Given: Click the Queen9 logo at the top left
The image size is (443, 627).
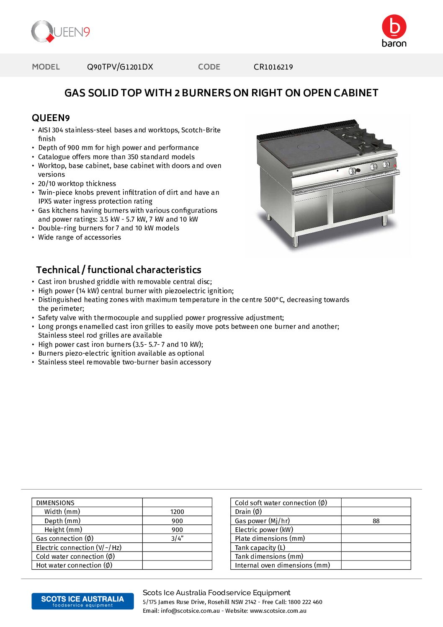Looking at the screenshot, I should click(x=60, y=32).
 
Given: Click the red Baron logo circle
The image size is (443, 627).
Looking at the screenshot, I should click(x=394, y=26).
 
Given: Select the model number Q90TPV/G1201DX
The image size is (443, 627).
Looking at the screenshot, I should click(x=120, y=67).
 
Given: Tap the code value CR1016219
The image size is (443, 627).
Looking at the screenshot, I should click(x=273, y=67).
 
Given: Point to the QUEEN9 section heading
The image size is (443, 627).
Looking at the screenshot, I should click(x=51, y=118).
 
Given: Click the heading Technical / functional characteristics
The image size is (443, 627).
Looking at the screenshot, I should click(x=118, y=270).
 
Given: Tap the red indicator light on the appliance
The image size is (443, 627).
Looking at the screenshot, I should click(x=395, y=166).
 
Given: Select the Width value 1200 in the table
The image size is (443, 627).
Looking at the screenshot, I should click(x=177, y=512).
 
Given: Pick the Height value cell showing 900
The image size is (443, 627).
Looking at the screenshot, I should click(x=177, y=530).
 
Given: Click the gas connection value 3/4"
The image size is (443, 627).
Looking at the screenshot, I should click(x=177, y=539).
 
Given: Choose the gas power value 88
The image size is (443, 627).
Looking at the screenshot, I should click(x=376, y=521).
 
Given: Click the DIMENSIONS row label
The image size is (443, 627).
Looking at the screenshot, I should click(x=55, y=503).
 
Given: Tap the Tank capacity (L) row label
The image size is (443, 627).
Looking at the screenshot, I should click(x=260, y=548).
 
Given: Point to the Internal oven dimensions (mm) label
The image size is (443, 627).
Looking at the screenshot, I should click(x=282, y=565).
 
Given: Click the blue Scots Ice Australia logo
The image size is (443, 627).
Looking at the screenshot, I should click(x=82, y=601).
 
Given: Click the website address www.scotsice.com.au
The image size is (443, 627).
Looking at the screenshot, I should click(x=278, y=611).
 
